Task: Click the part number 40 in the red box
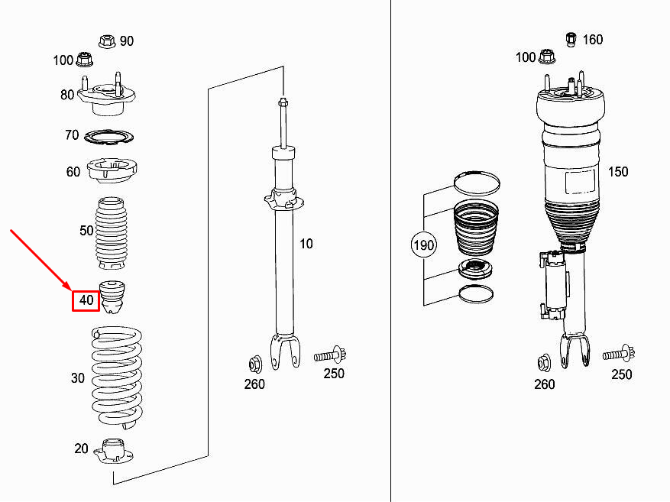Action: (86, 300)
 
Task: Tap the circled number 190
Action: (423, 245)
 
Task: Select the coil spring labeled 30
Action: (117, 377)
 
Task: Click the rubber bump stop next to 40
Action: (112, 297)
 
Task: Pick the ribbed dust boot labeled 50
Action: (111, 233)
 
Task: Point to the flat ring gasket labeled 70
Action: (108, 137)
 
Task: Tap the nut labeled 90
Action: (107, 41)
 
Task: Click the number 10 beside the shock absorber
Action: (306, 244)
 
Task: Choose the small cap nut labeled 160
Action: (571, 39)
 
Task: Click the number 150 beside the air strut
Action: (618, 172)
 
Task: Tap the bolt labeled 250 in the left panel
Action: (330, 355)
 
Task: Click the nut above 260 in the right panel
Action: (544, 363)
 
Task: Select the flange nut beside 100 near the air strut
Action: (547, 57)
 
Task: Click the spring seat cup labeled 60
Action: (112, 170)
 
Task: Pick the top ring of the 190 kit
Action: (477, 183)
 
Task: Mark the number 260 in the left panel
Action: (254, 384)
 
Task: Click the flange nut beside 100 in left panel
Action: (85, 59)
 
